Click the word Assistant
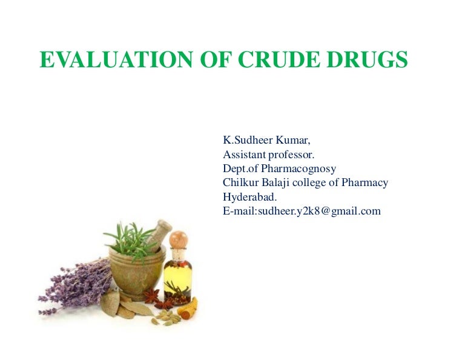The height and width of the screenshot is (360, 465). (245, 155)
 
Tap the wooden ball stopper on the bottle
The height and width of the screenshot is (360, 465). (178, 239)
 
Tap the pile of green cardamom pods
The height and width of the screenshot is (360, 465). (164, 316)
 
